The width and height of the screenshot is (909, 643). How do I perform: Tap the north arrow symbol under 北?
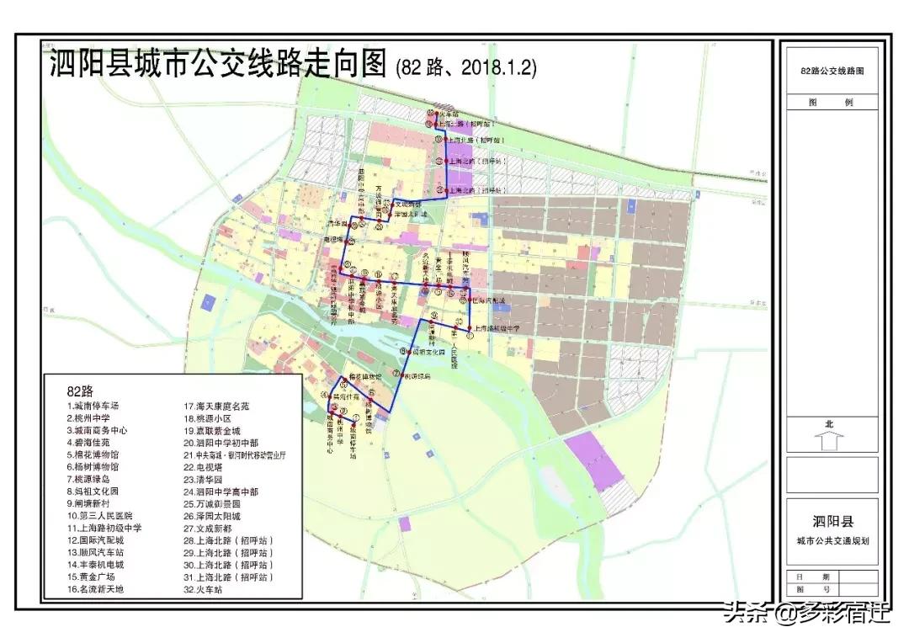pos(829,440)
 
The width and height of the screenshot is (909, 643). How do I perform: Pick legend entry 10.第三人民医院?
pos(100,515)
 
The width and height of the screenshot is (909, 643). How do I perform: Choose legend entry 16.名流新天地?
pos(97,589)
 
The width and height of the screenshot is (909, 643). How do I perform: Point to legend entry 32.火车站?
pos(206,590)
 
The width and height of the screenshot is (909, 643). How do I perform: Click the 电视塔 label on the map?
pos(335,240)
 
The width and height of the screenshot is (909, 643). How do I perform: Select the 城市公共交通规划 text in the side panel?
pos(832,539)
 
